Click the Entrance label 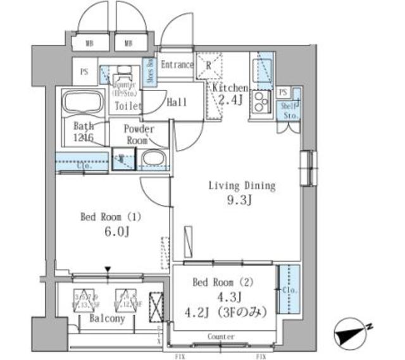click(177, 65)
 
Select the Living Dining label click(242, 186)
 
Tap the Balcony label click(106, 320)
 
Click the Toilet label click(128, 106)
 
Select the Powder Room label click(138, 134)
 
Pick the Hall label click(177, 102)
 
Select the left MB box click(90, 44)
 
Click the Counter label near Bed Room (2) click(221, 337)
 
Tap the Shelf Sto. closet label click(290, 111)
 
